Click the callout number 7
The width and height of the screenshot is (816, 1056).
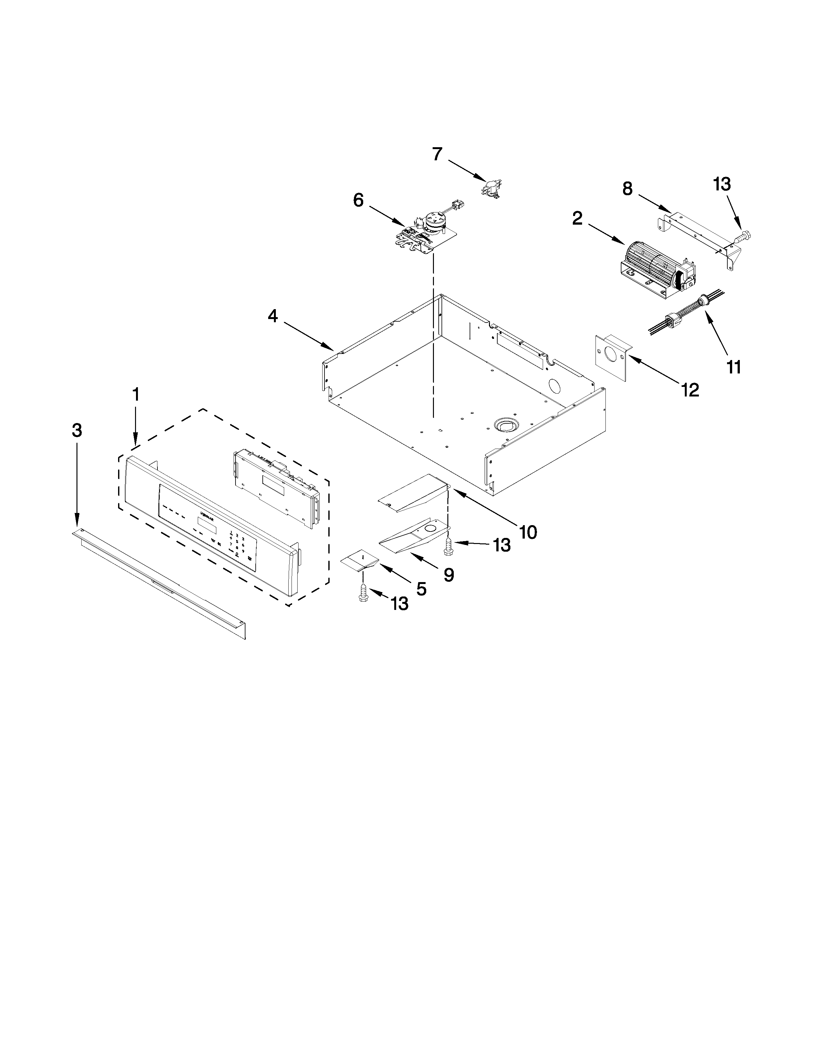click(x=437, y=154)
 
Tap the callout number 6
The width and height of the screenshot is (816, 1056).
click(x=358, y=200)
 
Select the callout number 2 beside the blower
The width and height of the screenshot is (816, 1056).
click(x=577, y=219)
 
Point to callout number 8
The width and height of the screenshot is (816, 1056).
click(x=627, y=188)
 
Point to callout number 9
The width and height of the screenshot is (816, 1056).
click(x=449, y=575)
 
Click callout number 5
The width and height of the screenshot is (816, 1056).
click(x=421, y=589)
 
